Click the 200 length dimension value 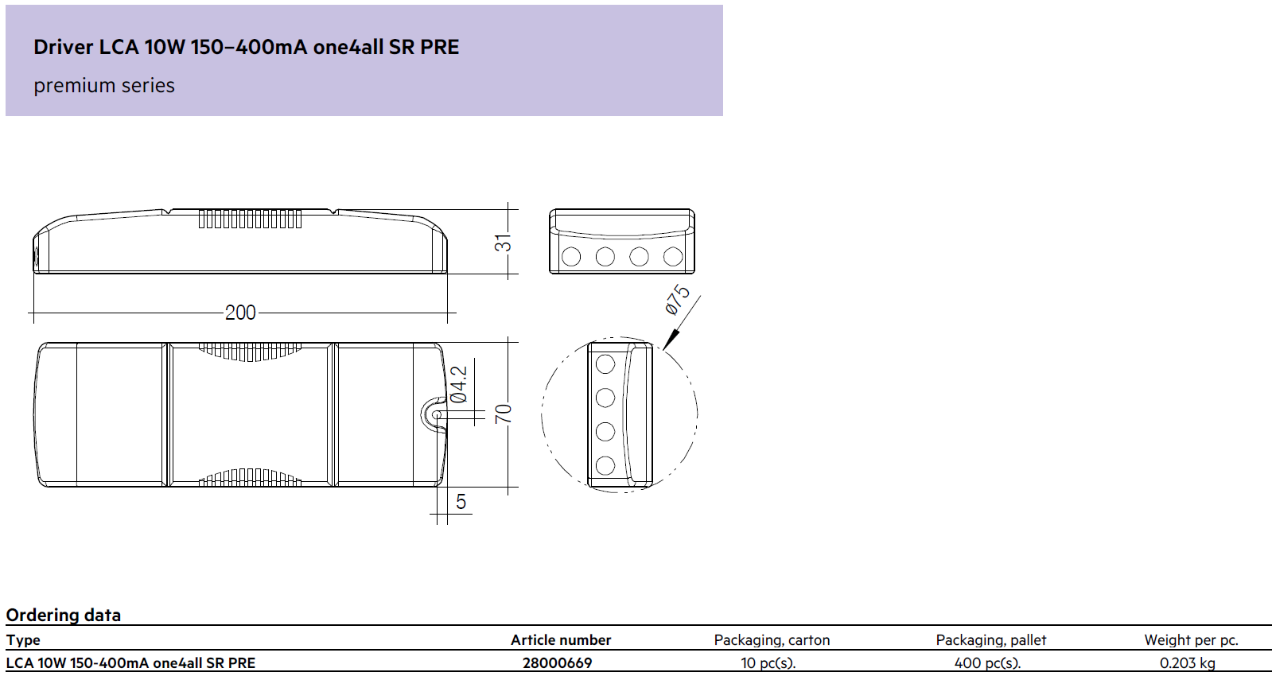click(x=240, y=313)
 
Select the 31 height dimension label click(x=503, y=243)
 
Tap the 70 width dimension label click(x=503, y=414)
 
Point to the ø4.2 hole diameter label click(x=459, y=384)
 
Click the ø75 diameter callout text click(x=677, y=300)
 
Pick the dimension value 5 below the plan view click(x=461, y=502)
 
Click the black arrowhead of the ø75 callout click(x=671, y=340)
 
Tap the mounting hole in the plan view click(x=437, y=415)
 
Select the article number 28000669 click(x=557, y=663)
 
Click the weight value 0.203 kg click(x=1188, y=663)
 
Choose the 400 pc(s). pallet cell click(x=987, y=663)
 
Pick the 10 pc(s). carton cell click(x=768, y=663)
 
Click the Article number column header click(x=561, y=640)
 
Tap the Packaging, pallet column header click(x=991, y=640)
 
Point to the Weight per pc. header click(x=1192, y=640)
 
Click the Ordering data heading click(x=63, y=616)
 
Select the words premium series click(x=104, y=86)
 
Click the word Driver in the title click(x=63, y=47)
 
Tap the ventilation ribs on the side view click(x=250, y=219)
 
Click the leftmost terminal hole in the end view click(x=571, y=257)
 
